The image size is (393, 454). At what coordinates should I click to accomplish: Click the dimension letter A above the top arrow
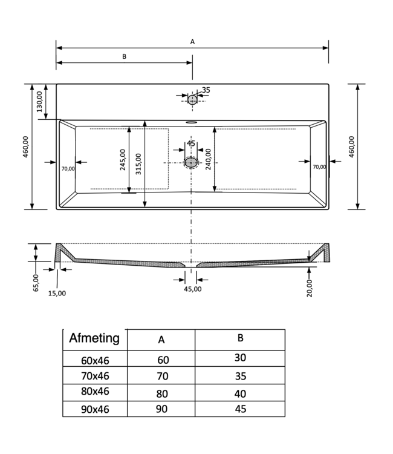coord(192,42)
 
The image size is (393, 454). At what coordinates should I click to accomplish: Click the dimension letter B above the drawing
coord(124,56)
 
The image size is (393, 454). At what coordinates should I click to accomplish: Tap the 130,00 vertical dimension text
coord(39,101)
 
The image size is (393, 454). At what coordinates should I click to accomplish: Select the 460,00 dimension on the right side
coord(352,146)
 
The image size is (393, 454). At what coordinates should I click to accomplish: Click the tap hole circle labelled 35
coord(192,99)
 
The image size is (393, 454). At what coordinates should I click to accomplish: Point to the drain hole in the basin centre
coord(192,162)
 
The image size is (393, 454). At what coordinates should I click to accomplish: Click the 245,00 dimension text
coord(123,160)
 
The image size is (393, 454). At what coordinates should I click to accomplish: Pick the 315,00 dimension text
coord(138,164)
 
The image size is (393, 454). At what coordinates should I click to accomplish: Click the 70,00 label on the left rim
coord(67,169)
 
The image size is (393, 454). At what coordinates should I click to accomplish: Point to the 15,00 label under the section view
coord(57,293)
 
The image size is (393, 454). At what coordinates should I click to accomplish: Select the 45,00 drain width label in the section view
coord(192,289)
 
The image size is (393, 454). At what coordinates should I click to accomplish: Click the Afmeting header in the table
coord(95,338)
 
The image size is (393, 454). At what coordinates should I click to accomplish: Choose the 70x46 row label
coord(96,375)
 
